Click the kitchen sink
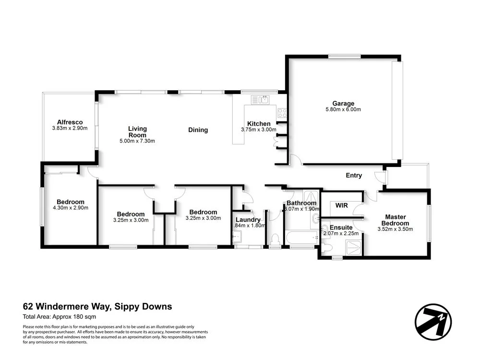coord(262,100)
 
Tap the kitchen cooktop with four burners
coord(282,113)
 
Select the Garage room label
coord(343,103)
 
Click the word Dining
coord(198,130)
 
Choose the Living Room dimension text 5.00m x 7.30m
coord(137,141)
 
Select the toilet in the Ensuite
coord(327,247)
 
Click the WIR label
coord(341,205)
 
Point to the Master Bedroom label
coord(395,220)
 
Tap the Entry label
coord(354,176)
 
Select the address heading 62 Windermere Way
coord(97,307)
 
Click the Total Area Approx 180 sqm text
coord(60,317)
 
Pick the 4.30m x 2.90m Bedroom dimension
coord(70,208)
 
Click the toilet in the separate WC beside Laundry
coord(275,239)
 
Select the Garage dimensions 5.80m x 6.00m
coord(343,110)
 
